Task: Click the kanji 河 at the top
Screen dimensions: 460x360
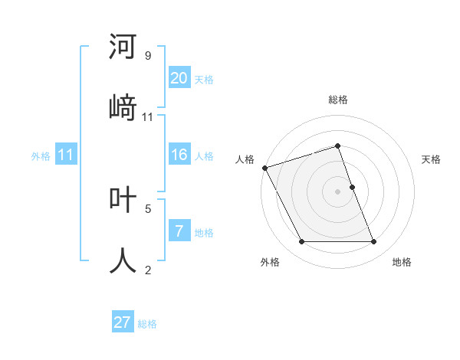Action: (x=123, y=47)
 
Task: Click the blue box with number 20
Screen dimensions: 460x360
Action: (x=179, y=78)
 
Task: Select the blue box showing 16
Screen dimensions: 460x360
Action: (x=179, y=155)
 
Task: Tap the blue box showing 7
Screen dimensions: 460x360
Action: (x=179, y=231)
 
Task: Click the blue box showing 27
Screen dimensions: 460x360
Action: (x=123, y=322)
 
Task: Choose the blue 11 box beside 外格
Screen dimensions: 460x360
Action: (x=66, y=155)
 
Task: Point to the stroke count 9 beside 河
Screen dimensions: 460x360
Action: (x=148, y=56)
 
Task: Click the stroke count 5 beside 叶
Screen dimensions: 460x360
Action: (x=148, y=208)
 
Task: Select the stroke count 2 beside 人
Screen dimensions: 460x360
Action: (x=148, y=269)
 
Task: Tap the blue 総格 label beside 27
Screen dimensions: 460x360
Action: (x=147, y=324)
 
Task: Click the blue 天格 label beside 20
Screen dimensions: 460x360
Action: (x=204, y=80)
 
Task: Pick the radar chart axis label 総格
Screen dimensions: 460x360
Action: (x=338, y=100)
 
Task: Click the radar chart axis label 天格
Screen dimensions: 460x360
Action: (x=432, y=159)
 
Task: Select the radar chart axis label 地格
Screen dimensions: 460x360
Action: (x=402, y=262)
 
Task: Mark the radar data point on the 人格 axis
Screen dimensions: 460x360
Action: (x=264, y=168)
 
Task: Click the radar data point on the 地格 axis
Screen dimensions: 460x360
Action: (x=373, y=242)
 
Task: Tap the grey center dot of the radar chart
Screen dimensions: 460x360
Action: (x=338, y=191)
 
